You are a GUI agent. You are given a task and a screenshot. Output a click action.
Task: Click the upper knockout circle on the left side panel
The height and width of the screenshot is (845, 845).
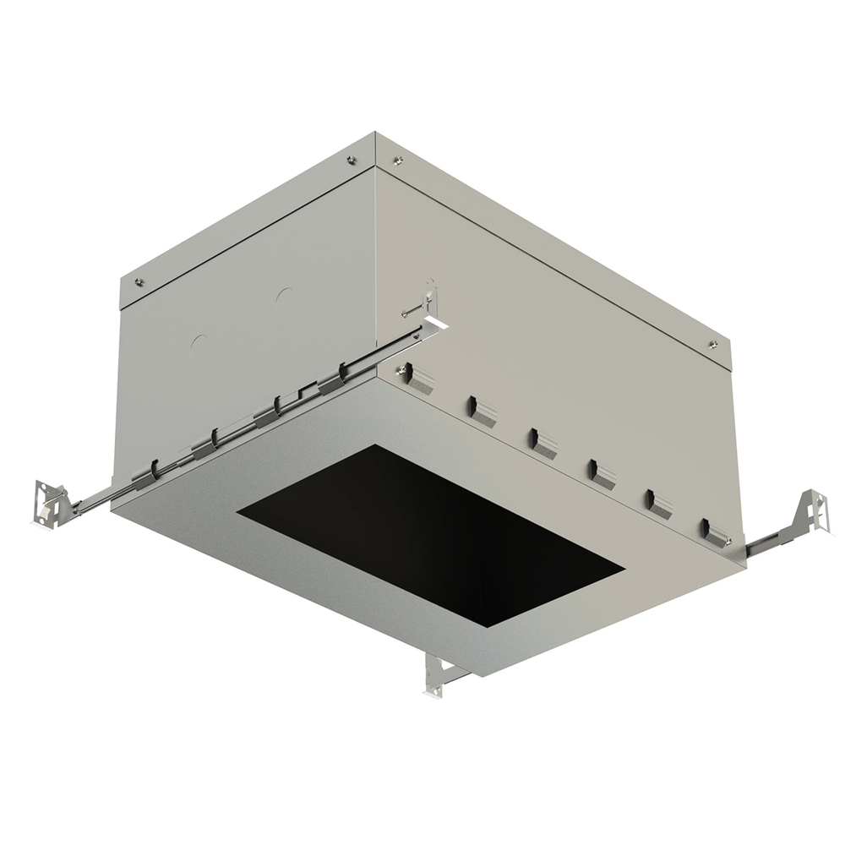[x=285, y=297]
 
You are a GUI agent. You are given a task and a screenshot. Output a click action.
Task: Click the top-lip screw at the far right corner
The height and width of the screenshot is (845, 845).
[x=713, y=344]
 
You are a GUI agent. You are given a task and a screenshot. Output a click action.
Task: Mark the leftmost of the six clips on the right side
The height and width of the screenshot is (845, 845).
[x=418, y=376]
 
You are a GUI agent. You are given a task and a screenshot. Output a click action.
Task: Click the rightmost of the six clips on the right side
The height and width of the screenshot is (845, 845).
[x=714, y=534]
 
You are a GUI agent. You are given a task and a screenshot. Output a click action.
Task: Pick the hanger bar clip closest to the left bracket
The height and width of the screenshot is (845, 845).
[x=145, y=474]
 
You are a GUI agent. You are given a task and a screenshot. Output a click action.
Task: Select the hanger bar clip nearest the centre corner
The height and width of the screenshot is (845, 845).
[x=331, y=382]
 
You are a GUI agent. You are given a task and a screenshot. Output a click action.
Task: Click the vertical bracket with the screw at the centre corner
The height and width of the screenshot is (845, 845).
[x=431, y=302]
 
